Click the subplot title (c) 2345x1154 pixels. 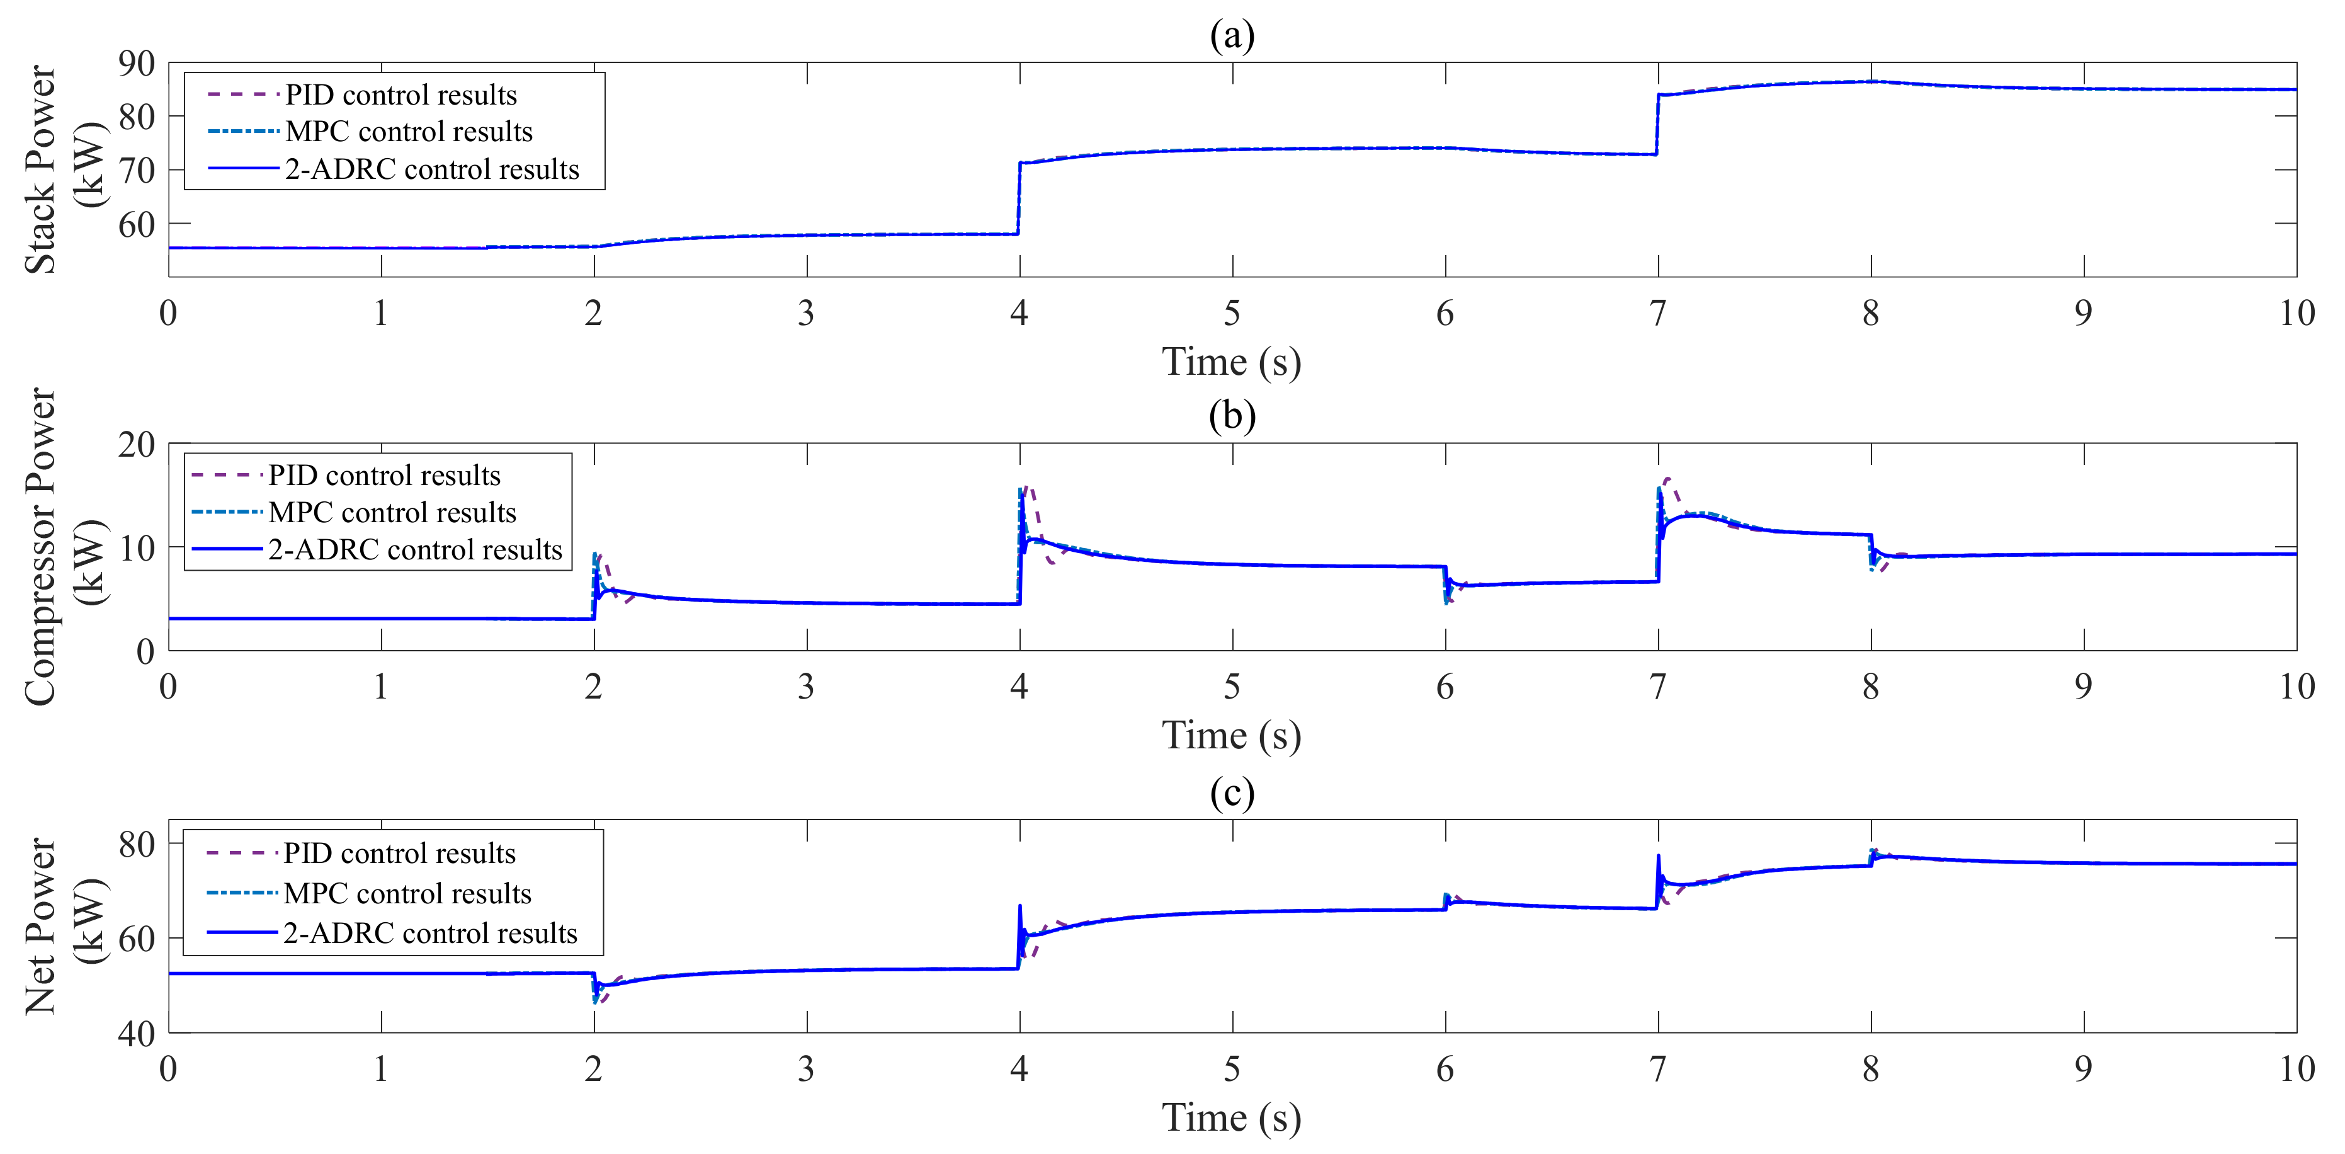pos(1232,792)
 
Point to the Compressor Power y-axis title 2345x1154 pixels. pos(64,547)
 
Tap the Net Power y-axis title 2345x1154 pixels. pos(64,925)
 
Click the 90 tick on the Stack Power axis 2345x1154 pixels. pos(137,64)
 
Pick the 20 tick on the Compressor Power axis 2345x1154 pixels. pos(137,445)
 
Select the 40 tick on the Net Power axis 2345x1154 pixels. pos(137,1034)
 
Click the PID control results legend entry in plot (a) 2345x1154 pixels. pos(400,94)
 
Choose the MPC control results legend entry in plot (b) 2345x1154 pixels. pos(392,513)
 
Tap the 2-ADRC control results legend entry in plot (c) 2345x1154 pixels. pos(429,934)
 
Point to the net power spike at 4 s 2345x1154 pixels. pos(1019,906)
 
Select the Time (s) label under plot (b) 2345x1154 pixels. pos(1232,735)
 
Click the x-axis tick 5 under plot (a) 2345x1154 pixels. pos(1232,313)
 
